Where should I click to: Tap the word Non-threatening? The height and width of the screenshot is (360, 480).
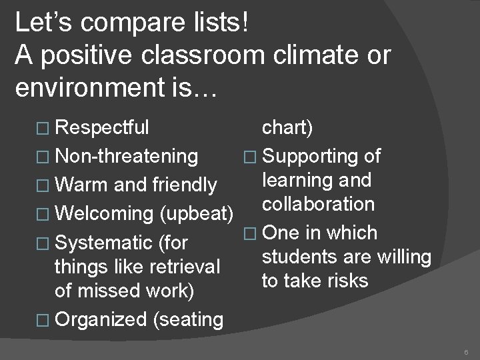coord(127,156)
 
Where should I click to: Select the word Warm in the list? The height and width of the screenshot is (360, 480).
coord(81,184)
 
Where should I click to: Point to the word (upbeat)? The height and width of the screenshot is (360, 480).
coord(196,214)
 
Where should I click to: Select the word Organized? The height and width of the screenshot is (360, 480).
coord(102,319)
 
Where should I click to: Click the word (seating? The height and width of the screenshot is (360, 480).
coord(188,319)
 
